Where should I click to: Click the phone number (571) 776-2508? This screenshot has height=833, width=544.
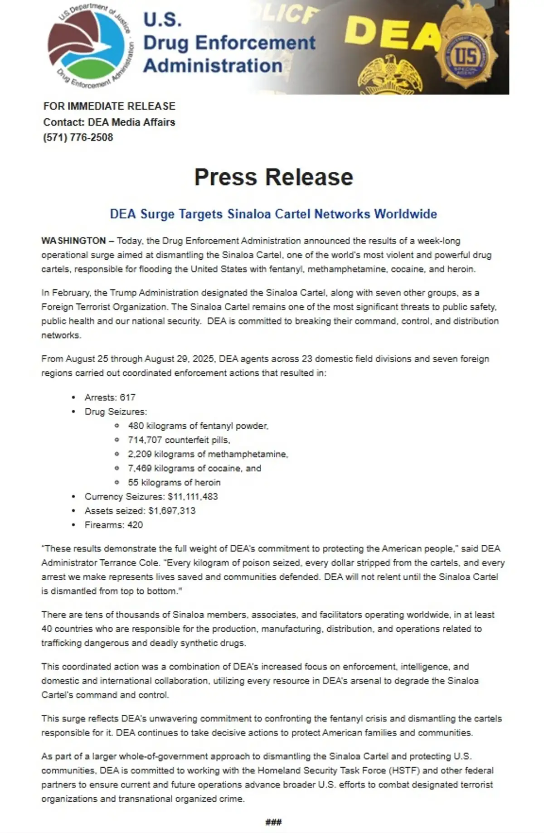[78, 137]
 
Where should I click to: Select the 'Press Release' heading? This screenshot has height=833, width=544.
[273, 177]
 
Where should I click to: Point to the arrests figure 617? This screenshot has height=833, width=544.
[127, 397]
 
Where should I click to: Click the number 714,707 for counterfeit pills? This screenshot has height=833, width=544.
[145, 440]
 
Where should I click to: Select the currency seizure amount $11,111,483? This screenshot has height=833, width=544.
[193, 497]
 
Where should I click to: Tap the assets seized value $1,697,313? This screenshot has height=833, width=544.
[172, 511]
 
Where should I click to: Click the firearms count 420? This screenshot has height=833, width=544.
[135, 525]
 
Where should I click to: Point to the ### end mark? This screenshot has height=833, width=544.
[273, 822]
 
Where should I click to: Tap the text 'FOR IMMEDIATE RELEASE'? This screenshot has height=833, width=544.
[109, 106]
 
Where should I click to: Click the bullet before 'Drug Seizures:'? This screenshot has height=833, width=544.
[74, 412]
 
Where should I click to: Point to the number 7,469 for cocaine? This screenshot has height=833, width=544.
[140, 468]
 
